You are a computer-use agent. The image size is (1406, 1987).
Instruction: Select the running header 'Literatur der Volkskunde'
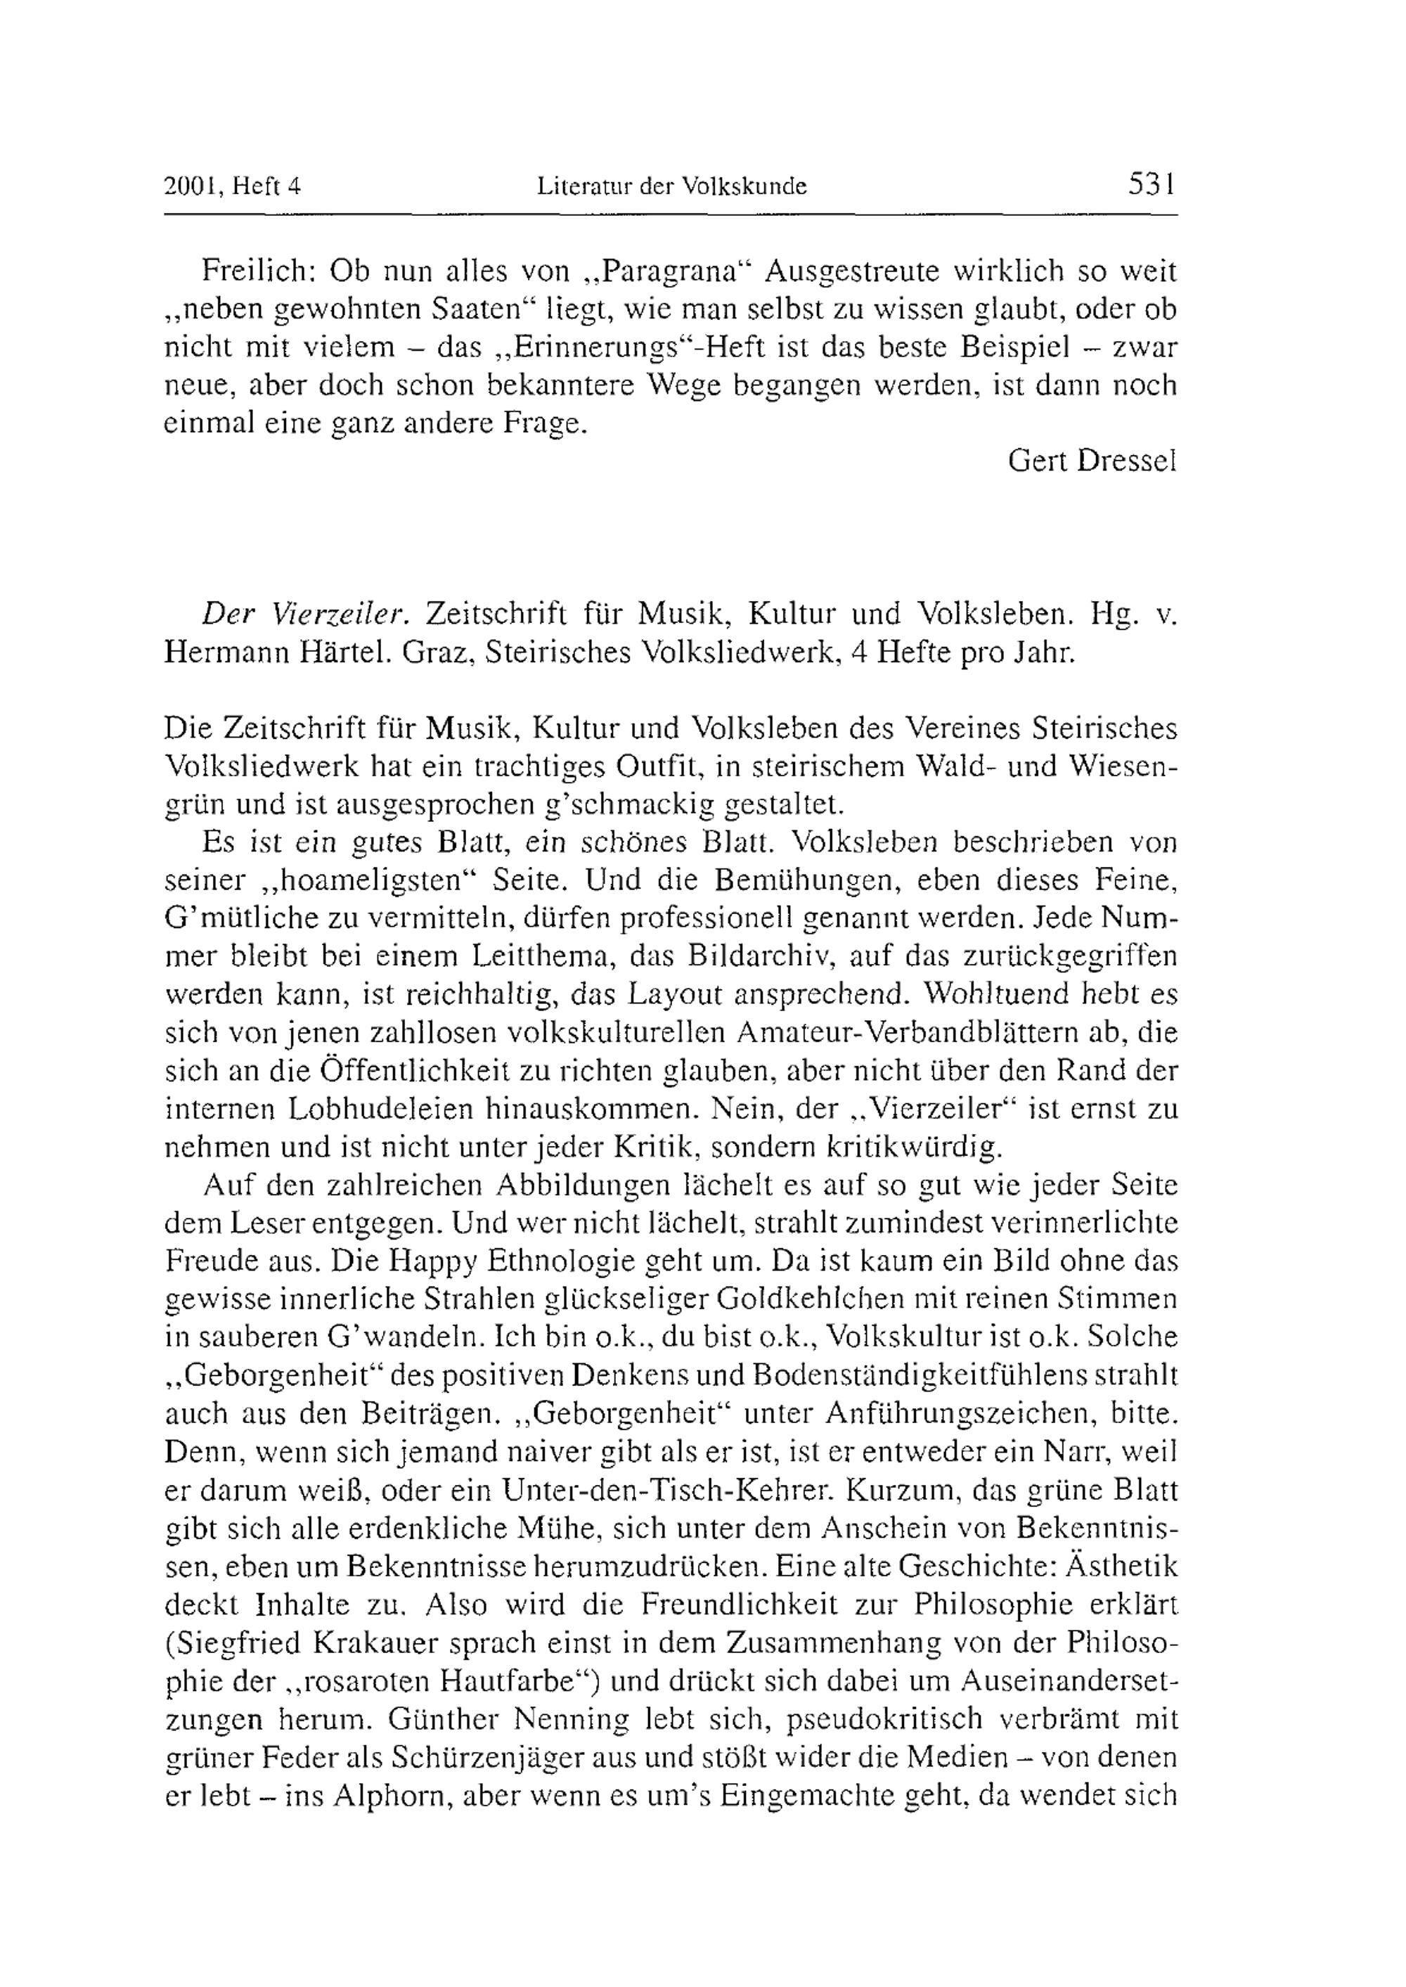[672, 186]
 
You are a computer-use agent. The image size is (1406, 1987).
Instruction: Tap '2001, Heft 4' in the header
[232, 186]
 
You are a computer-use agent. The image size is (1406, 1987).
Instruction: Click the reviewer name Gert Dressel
[1092, 461]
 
